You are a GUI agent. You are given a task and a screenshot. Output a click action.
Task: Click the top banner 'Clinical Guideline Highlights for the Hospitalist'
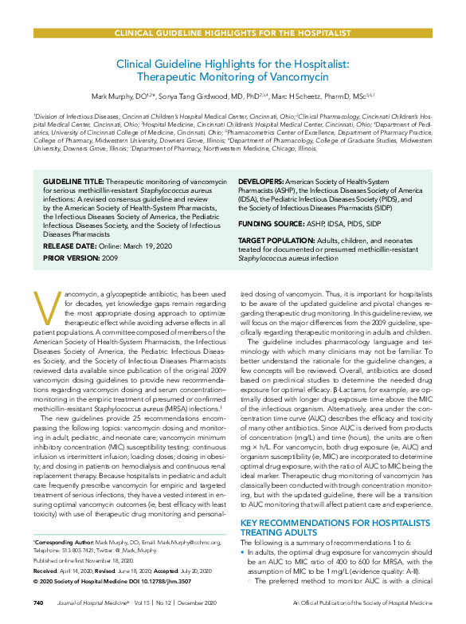(233, 33)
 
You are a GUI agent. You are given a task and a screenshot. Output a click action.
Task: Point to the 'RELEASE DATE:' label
(69, 247)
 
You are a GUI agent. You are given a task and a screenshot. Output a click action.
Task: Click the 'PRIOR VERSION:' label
(69, 257)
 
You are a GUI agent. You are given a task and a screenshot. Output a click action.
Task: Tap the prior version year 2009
(110, 257)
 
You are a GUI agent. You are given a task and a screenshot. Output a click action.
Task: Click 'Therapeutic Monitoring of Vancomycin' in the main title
(233, 77)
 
